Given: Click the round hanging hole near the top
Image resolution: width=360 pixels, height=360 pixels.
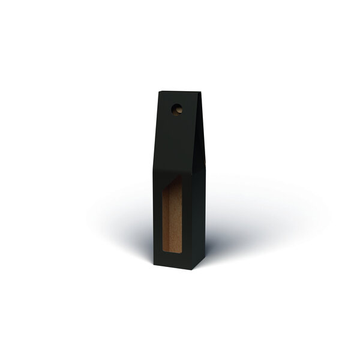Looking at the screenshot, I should pos(176,109).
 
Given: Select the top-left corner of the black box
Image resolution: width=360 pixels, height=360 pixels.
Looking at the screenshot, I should pos(159,92).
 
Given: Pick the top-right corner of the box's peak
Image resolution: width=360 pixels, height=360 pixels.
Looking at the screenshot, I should pos(194,92).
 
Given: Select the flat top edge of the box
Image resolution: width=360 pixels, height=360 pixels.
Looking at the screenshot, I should pos(177,92).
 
